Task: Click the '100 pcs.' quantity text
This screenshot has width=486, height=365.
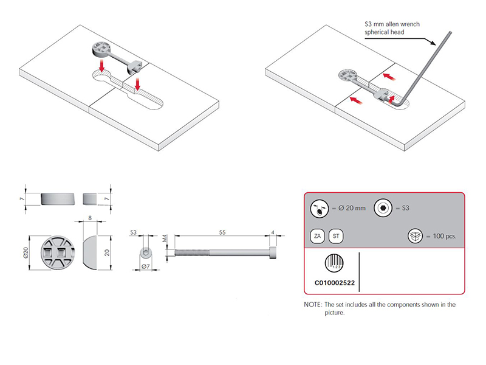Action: point(442,236)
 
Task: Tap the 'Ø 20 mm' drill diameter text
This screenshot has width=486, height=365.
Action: point(352,208)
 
